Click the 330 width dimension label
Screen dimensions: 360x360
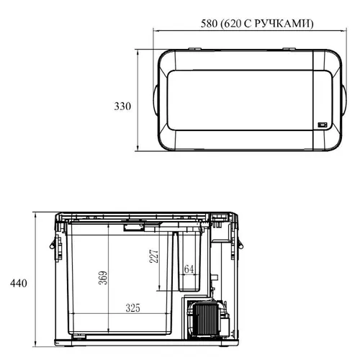pos(122,107)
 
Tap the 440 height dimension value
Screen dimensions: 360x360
pos(19,284)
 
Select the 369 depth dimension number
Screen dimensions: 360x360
pos(103,278)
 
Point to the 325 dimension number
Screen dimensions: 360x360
pos(132,308)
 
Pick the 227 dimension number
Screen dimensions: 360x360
pos(154,256)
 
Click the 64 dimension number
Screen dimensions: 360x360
pos(189,269)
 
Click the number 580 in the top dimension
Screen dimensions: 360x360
pos(209,24)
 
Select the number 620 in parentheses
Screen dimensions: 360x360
pos(233,24)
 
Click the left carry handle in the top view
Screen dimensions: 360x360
pos(156,100)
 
